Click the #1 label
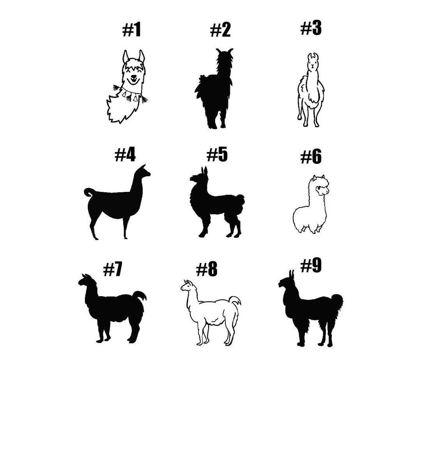coord(132,30)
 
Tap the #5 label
coord(217,154)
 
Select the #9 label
coord(311,266)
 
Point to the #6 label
coord(311,157)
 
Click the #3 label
coord(311,28)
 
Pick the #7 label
coord(113,269)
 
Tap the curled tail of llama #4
coord(89,192)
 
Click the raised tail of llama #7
coord(140,296)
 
